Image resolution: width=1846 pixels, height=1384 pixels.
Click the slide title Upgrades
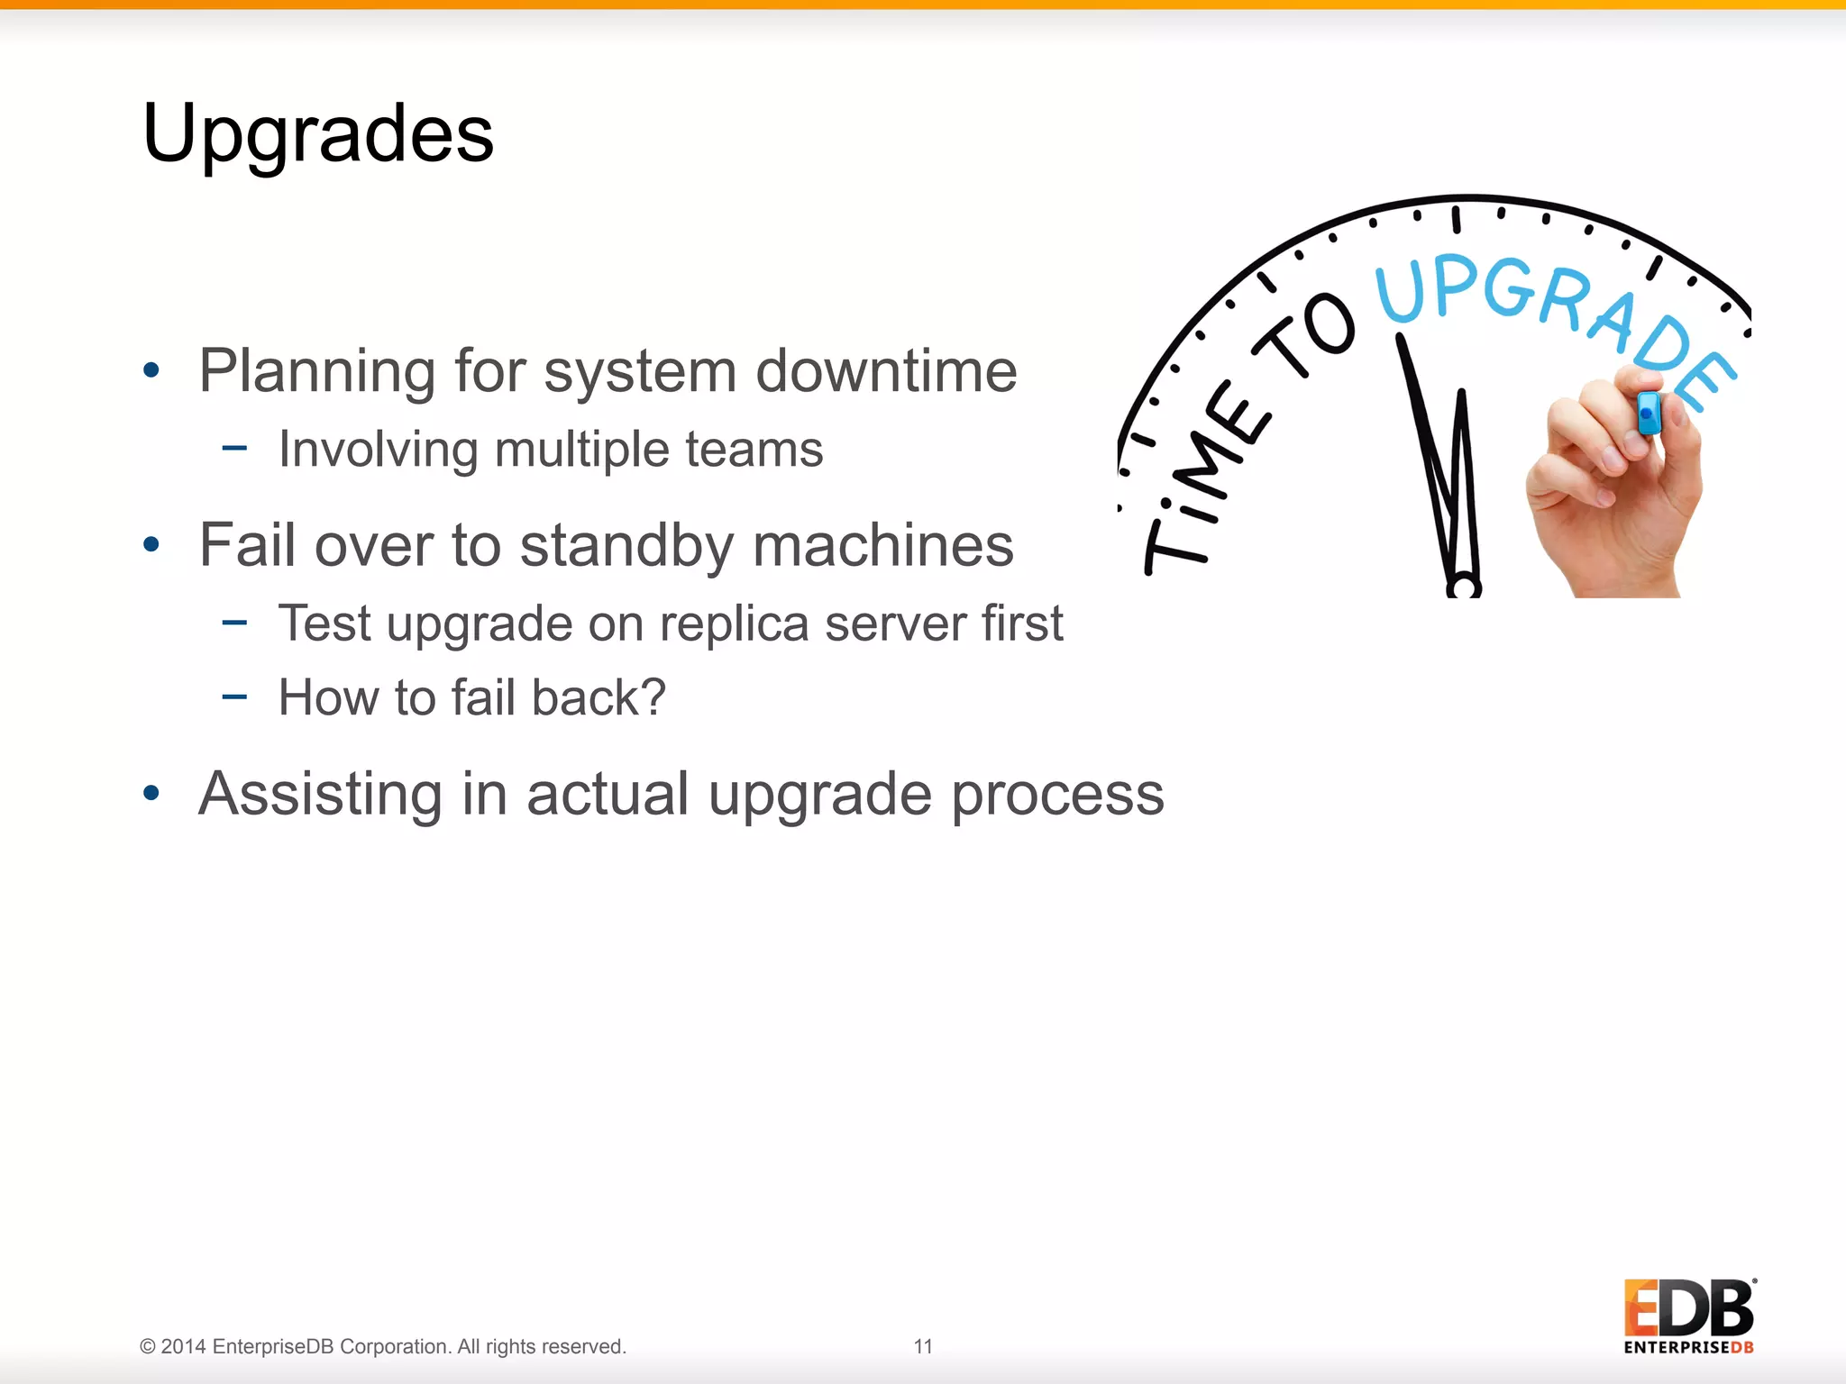tap(318, 133)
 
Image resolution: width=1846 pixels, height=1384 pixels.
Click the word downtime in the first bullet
tap(886, 370)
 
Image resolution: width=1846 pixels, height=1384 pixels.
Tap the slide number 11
tap(923, 1346)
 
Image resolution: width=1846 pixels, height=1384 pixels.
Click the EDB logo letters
tap(1688, 1308)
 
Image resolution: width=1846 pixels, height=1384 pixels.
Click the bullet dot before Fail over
tap(151, 544)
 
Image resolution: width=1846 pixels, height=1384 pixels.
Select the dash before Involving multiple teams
tap(234, 447)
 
